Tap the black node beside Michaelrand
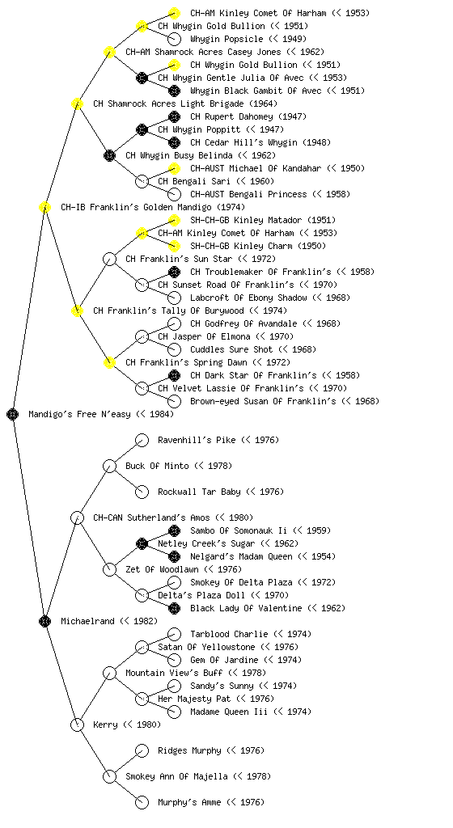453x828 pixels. coord(44,621)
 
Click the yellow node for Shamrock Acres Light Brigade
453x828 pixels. coord(77,103)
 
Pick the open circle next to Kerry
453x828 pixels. coord(77,724)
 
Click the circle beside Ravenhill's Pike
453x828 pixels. coord(142,440)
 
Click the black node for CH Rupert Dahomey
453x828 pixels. coord(174,116)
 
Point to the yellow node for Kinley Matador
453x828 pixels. coord(174,220)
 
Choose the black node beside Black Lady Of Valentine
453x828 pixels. coord(174,608)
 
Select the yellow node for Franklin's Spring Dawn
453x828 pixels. coord(109,362)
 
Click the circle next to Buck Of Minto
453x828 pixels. coord(109,466)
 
